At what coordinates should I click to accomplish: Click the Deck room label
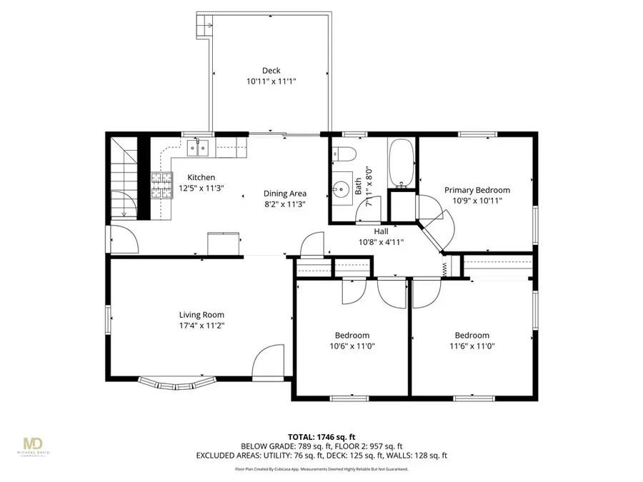(271, 71)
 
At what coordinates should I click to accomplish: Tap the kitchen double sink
(198, 149)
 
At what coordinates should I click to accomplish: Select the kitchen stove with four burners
(161, 185)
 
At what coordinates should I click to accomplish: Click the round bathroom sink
(341, 189)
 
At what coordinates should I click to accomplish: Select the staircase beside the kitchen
(122, 179)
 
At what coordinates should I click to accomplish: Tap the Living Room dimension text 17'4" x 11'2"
(201, 326)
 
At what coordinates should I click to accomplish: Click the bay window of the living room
(176, 383)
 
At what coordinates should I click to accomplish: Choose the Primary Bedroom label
(477, 190)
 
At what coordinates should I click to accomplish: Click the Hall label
(382, 231)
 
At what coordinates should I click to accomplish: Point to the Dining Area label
(285, 194)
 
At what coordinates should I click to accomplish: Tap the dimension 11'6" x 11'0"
(472, 346)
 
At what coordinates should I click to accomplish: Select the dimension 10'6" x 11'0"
(352, 346)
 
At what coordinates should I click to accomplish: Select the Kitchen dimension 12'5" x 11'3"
(201, 189)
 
